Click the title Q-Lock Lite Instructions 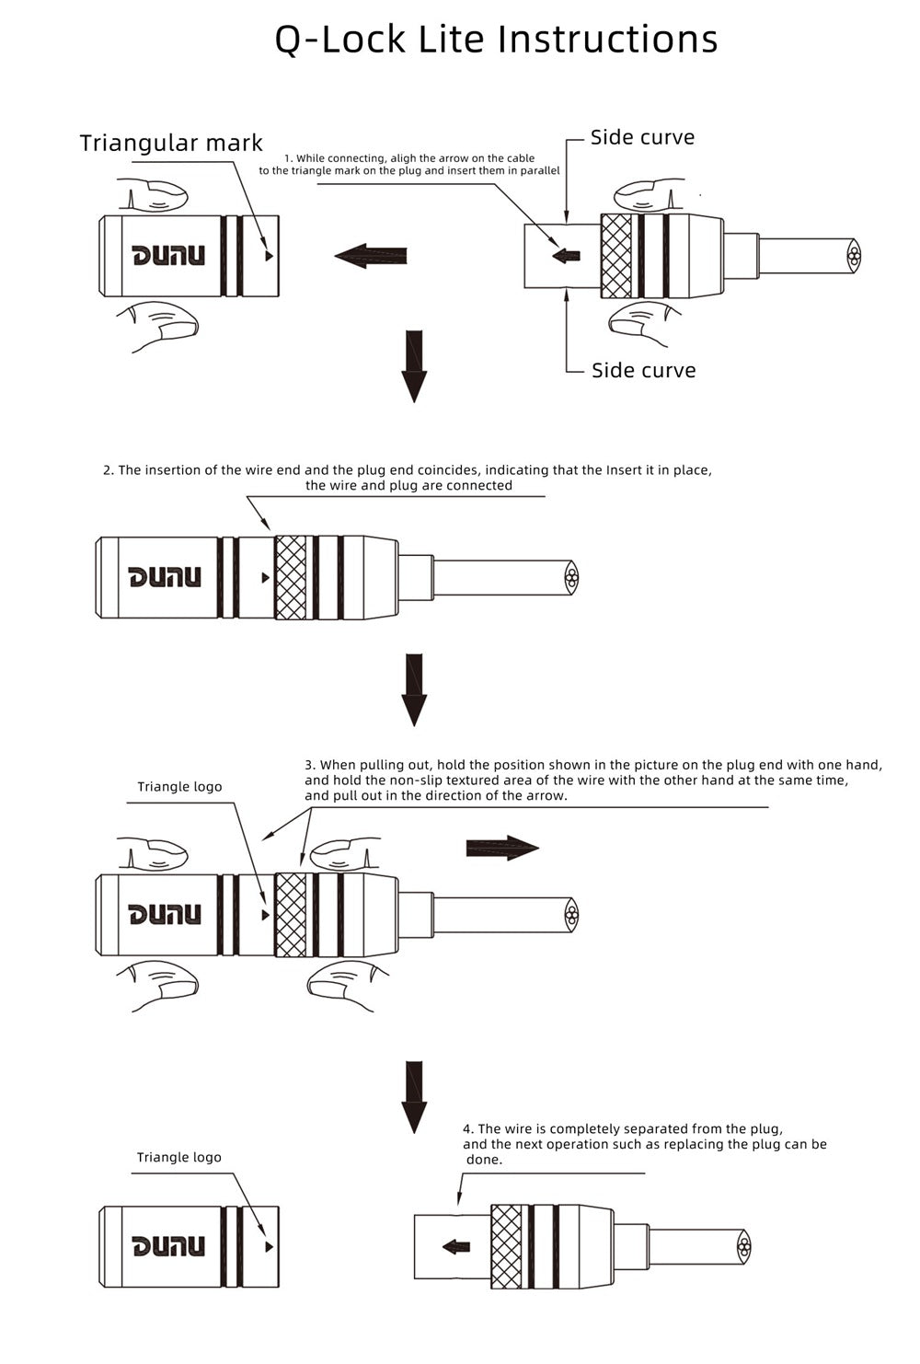pyautogui.click(x=496, y=40)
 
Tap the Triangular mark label pyautogui.click(x=171, y=143)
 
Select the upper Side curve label pyautogui.click(x=642, y=137)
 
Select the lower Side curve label pyautogui.click(x=644, y=370)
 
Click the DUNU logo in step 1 pyautogui.click(x=168, y=256)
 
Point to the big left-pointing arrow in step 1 pyautogui.click(x=370, y=256)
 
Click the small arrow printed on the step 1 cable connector pyautogui.click(x=566, y=256)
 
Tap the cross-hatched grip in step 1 pyautogui.click(x=616, y=256)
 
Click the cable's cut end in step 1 pyautogui.click(x=855, y=256)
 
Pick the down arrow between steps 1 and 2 pyautogui.click(x=414, y=366)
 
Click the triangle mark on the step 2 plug pyautogui.click(x=265, y=577)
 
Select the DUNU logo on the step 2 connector pyautogui.click(x=165, y=577)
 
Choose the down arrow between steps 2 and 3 pyautogui.click(x=414, y=690)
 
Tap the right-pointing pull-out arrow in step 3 pyautogui.click(x=502, y=848)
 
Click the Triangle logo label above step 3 pyautogui.click(x=179, y=787)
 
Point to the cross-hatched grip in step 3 pyautogui.click(x=291, y=915)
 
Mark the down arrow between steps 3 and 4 pyautogui.click(x=414, y=1097)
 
